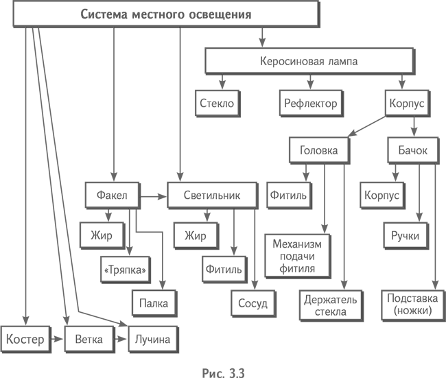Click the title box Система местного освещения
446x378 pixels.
166,14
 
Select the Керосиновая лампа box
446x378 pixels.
309,61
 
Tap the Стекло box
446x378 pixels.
217,104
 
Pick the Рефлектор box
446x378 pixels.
309,104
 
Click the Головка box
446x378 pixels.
319,150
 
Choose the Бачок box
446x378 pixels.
412,150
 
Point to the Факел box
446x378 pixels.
112,195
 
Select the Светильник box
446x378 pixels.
212,195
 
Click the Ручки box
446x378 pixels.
405,236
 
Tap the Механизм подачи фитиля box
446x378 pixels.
297,256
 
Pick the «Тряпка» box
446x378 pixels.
125,270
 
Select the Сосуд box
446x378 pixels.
253,303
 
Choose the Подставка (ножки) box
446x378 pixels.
409,305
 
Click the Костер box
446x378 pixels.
25,339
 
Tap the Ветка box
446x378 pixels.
89,339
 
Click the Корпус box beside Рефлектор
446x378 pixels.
407,104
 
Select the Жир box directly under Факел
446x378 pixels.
102,236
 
